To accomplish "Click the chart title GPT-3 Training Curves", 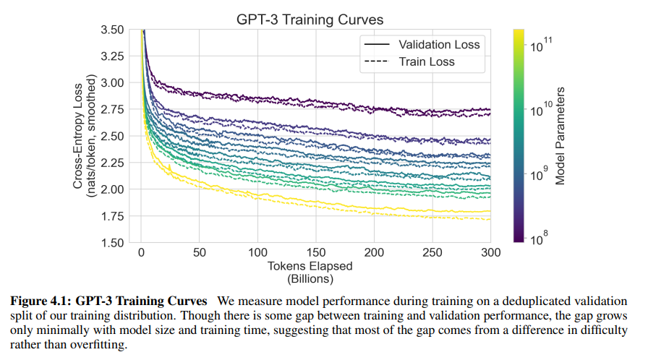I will [310, 19].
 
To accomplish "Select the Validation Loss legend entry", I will [439, 44].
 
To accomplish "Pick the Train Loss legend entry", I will [427, 62].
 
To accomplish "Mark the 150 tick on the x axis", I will [316, 253].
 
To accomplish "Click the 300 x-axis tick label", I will [490, 253].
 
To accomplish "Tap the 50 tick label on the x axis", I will [200, 253].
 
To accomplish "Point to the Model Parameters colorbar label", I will [560, 136].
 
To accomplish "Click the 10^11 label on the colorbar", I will [540, 45].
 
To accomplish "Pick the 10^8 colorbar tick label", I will [540, 238].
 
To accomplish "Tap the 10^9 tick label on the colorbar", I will [540, 173].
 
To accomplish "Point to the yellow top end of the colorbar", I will [519, 33].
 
